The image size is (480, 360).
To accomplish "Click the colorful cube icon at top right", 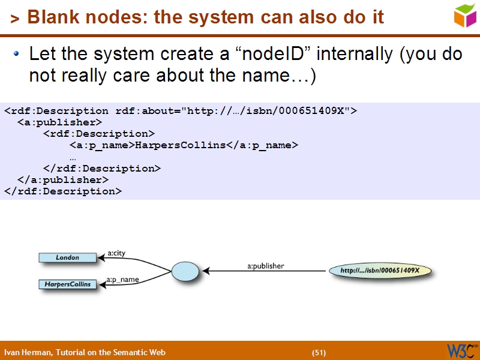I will pyautogui.click(x=465, y=15).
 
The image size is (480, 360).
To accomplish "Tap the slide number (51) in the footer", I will pyautogui.click(x=319, y=352).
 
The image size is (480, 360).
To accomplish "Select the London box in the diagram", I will pyautogui.click(x=68, y=257).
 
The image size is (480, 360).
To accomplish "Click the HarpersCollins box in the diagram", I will pyautogui.click(x=68, y=284).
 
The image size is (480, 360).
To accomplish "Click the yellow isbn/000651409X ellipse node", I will pyautogui.click(x=380, y=271).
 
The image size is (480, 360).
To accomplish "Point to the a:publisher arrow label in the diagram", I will pyautogui.click(x=266, y=265).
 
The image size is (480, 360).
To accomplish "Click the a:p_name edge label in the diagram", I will pyautogui.click(x=122, y=279).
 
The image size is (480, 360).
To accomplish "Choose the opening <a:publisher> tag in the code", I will pyautogui.click(x=55, y=122).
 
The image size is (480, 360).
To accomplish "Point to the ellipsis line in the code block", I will pyautogui.click(x=73, y=157).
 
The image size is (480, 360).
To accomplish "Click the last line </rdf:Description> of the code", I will pyautogui.click(x=63, y=191).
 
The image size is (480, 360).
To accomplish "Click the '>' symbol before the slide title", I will pyautogui.click(x=15, y=18).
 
